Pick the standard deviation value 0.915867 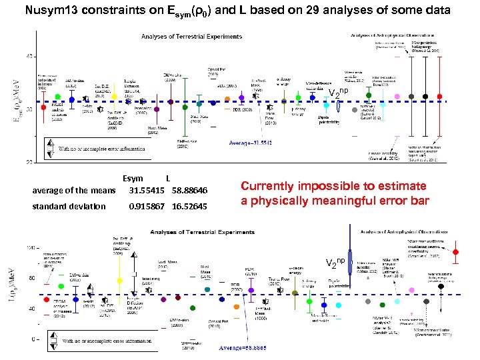pyautogui.click(x=150, y=207)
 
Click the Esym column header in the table pyautogui.click(x=133, y=179)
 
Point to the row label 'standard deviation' pyautogui.click(x=69, y=207)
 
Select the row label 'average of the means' pyautogui.click(x=73, y=191)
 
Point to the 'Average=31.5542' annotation pyautogui.click(x=253, y=143)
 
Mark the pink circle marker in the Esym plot pyautogui.click(x=397, y=97)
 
